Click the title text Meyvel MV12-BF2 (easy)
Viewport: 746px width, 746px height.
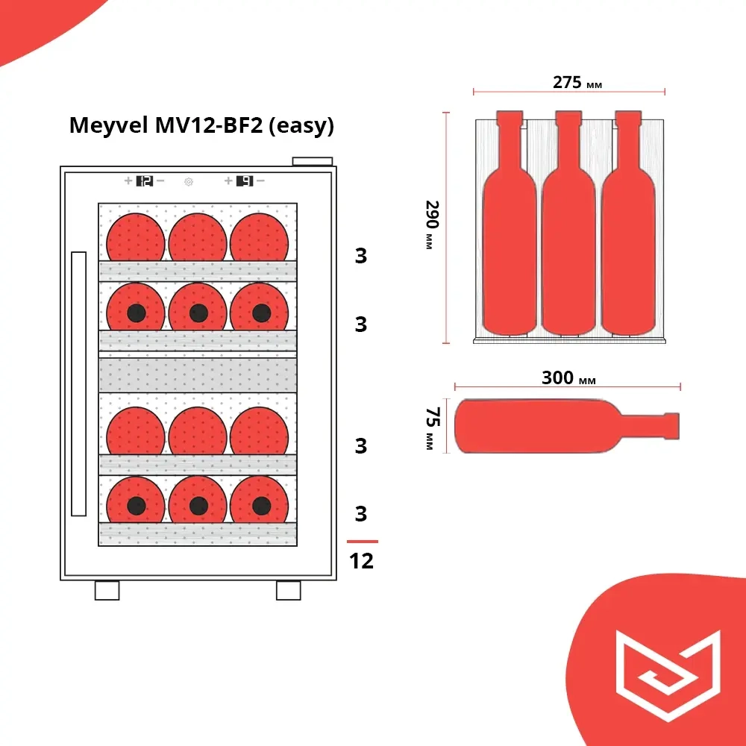point(201,125)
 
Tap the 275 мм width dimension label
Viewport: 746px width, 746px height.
point(577,82)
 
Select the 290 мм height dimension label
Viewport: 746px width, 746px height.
point(431,224)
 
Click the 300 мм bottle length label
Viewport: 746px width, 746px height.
point(568,378)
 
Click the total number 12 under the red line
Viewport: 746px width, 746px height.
point(362,560)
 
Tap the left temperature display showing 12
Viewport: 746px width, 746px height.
point(145,181)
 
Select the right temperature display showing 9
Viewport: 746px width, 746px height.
point(245,181)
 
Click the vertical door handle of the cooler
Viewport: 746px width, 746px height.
point(78,384)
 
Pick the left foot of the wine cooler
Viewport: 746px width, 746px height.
point(107,590)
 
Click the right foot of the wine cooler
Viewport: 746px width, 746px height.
point(288,590)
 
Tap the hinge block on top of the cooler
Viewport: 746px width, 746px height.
point(312,161)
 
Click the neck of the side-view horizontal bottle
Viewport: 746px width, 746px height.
point(660,425)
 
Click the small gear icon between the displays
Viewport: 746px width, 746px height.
point(189,181)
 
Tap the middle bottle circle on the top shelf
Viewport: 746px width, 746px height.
point(198,236)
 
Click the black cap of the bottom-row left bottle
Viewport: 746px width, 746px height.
point(136,506)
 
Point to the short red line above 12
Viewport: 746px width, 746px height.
point(363,541)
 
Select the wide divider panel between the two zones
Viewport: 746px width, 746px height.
point(198,374)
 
